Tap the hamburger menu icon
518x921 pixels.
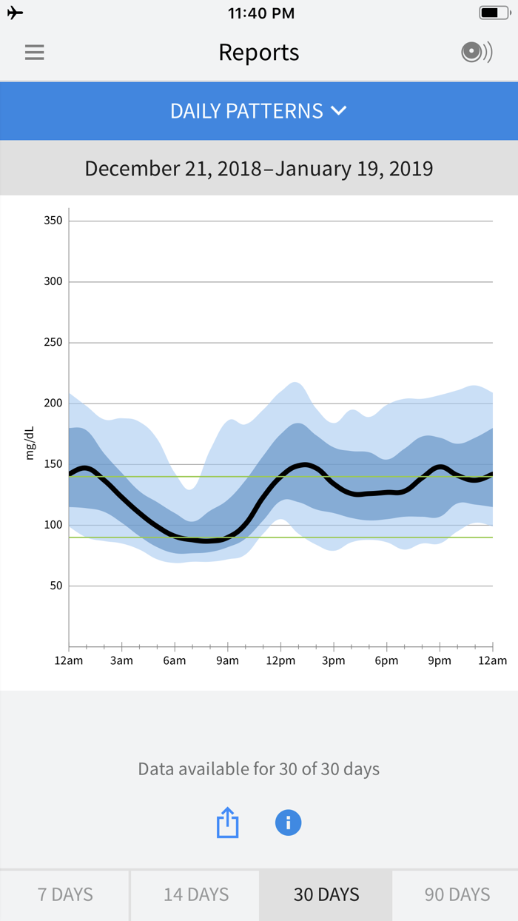pyautogui.click(x=34, y=53)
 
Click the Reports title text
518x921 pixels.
pyautogui.click(x=259, y=53)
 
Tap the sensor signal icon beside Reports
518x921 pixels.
pyautogui.click(x=476, y=53)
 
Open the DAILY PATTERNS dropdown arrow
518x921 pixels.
pyautogui.click(x=339, y=111)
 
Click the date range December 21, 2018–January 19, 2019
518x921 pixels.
pyautogui.click(x=259, y=168)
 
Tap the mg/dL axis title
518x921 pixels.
pyautogui.click(x=30, y=443)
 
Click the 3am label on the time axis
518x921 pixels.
pyautogui.click(x=121, y=660)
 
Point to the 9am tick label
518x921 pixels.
pyautogui.click(x=227, y=660)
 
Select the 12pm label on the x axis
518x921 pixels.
pyautogui.click(x=280, y=660)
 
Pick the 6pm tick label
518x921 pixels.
pyautogui.click(x=386, y=660)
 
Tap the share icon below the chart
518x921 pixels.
pyautogui.click(x=228, y=823)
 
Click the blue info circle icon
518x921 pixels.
pyautogui.click(x=288, y=823)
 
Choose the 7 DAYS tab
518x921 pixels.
pyautogui.click(x=65, y=894)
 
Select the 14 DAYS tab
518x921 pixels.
pyautogui.click(x=196, y=894)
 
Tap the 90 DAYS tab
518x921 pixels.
pyautogui.click(x=457, y=894)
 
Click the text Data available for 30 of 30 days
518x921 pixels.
pyautogui.click(x=259, y=768)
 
